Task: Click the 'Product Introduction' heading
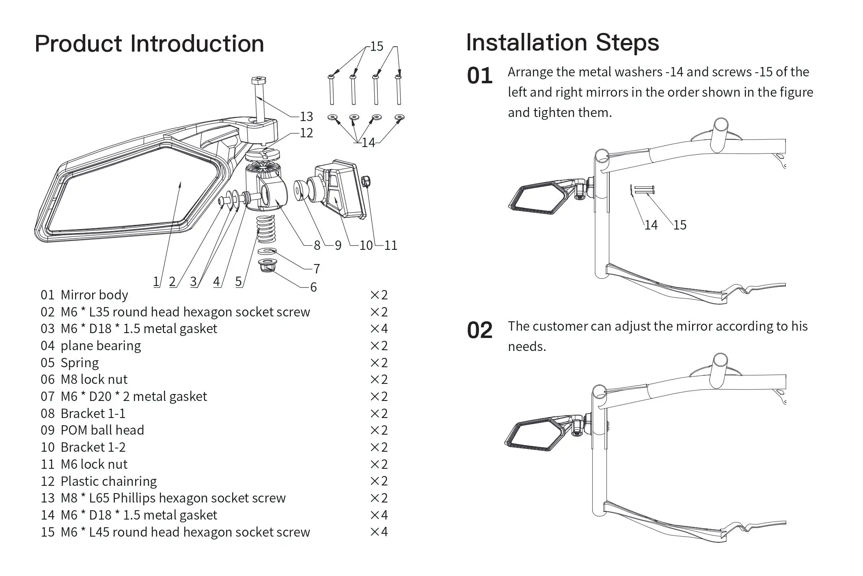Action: [149, 44]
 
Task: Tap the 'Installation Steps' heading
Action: [563, 43]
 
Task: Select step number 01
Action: [480, 76]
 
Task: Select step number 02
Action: [480, 330]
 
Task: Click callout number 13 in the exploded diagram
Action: [306, 117]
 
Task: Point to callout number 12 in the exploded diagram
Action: [306, 133]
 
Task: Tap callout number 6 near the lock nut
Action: [313, 287]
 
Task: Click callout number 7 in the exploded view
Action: [317, 269]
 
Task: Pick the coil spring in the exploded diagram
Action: [266, 229]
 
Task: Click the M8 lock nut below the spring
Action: [267, 265]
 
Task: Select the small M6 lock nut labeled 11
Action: [366, 181]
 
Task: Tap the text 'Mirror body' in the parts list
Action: [94, 294]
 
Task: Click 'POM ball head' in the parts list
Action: [102, 430]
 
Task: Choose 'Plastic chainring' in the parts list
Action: [108, 481]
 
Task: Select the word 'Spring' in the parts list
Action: [80, 363]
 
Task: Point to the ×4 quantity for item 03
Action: [379, 328]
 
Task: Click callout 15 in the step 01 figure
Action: [680, 225]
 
